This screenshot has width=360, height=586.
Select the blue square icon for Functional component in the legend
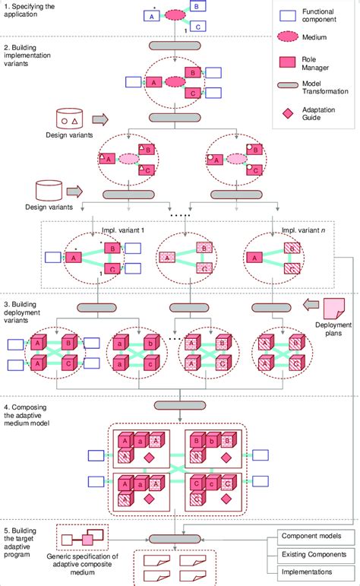click(x=287, y=14)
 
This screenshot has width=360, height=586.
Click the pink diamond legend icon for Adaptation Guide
click(x=287, y=112)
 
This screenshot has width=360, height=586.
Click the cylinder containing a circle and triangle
click(x=72, y=119)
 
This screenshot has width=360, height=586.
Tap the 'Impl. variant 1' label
click(x=123, y=230)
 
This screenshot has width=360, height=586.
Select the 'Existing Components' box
click(x=314, y=555)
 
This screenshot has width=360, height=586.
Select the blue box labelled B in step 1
click(x=197, y=6)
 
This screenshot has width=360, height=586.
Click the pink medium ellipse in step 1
click(x=175, y=14)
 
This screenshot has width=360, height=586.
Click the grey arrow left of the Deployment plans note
click(x=309, y=306)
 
